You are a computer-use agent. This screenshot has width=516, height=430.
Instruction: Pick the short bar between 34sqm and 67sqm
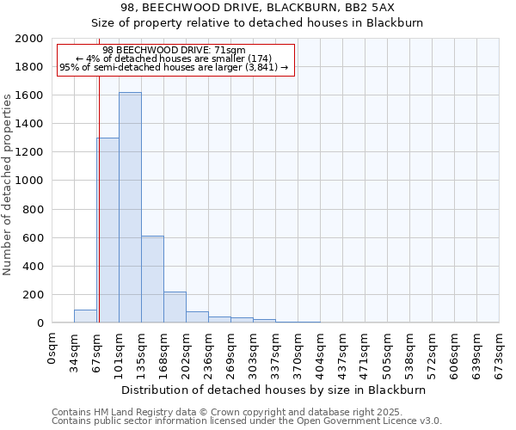coord(85,316)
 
